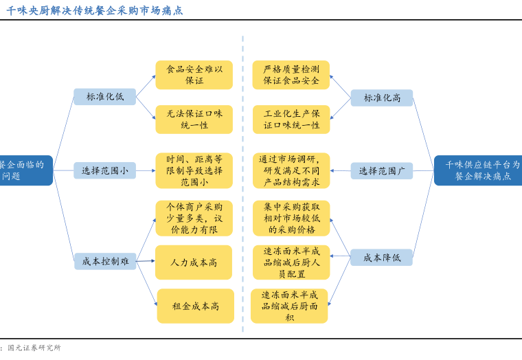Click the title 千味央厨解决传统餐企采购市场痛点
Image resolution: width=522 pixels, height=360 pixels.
click(95, 10)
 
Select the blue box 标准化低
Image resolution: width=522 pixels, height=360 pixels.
click(105, 97)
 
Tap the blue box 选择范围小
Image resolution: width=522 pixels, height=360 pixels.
click(105, 170)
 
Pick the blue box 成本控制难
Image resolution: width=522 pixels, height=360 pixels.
click(105, 261)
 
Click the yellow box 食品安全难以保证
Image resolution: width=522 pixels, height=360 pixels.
click(194, 75)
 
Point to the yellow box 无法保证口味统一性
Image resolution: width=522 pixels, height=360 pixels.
click(194, 120)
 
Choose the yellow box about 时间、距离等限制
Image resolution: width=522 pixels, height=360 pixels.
click(194, 170)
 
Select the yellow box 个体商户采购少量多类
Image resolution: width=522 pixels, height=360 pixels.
click(194, 218)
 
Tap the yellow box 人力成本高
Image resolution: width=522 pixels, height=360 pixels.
click(194, 262)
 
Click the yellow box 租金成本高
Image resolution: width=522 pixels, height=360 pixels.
click(196, 306)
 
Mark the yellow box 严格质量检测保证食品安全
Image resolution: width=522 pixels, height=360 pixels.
click(291, 75)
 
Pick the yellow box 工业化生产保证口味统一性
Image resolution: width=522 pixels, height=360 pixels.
click(291, 120)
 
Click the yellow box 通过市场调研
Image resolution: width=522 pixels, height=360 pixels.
click(291, 170)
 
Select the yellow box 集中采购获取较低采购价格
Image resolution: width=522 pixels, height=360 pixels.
click(291, 218)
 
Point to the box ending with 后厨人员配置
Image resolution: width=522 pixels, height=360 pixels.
click(291, 262)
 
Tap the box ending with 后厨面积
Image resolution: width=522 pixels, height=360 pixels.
click(289, 306)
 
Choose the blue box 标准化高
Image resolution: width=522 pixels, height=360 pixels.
click(382, 98)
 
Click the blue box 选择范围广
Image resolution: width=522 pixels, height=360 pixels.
click(382, 170)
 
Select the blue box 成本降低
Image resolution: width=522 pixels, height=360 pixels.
click(382, 258)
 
